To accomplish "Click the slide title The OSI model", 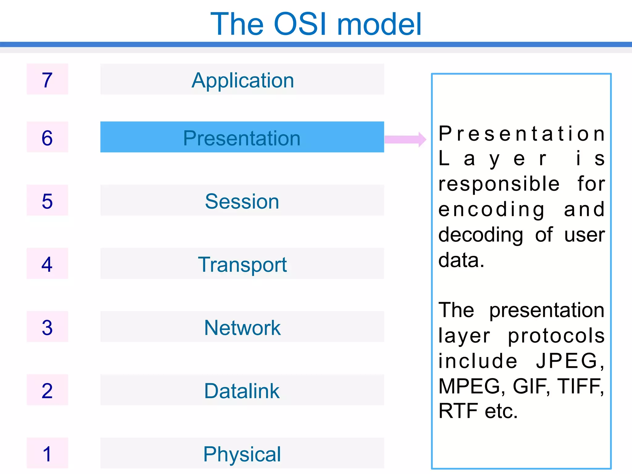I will (x=316, y=24).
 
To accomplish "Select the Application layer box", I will (x=242, y=80).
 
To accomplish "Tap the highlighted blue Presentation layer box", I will (x=242, y=137).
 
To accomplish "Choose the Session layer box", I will (x=242, y=201).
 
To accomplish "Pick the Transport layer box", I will (x=242, y=264).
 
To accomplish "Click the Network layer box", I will (x=242, y=327).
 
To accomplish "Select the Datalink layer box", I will (x=242, y=390).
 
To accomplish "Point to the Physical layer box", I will (x=242, y=453).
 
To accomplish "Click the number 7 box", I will (x=47, y=79).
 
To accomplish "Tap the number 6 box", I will (x=47, y=137).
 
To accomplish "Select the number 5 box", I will (x=47, y=201).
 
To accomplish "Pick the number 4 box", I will (x=47, y=264).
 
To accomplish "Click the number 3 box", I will (x=47, y=327).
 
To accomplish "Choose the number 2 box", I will (x=47, y=390).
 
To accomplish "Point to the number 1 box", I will (x=47, y=453).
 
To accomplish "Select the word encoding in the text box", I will (x=492, y=210).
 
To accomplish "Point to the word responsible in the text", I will (x=499, y=185).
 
